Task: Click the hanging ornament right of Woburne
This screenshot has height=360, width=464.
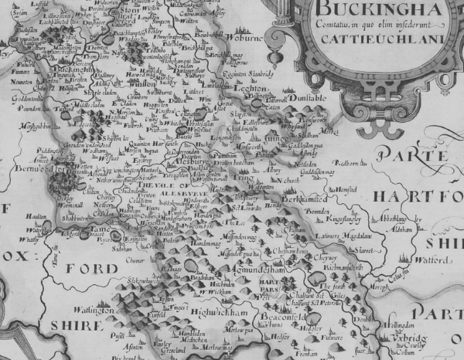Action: click(x=272, y=58)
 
